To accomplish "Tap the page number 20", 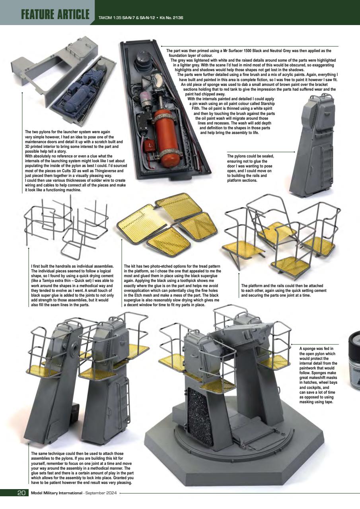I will click(21, 493).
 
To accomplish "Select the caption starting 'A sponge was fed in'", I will click(318, 375).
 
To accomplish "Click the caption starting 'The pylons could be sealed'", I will click(251, 168).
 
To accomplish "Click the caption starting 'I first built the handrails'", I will click(73, 286).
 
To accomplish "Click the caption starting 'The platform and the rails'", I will click(282, 290).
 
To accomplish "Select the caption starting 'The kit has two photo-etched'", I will click(172, 286).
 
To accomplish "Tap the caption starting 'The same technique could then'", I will click(82, 468).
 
